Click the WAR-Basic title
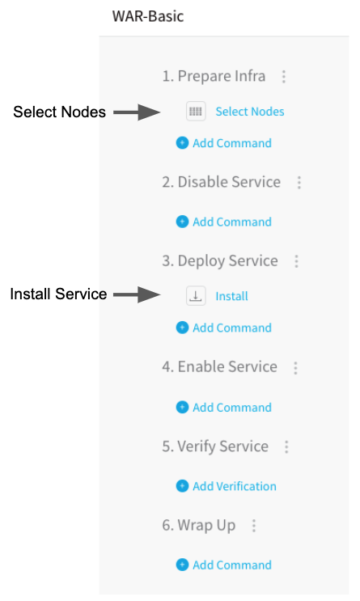[147, 16]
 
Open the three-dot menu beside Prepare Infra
[284, 77]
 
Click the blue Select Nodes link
[250, 112]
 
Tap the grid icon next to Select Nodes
[196, 112]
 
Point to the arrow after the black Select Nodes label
[137, 112]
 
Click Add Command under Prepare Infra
[232, 143]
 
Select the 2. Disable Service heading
[221, 182]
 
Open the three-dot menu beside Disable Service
[299, 183]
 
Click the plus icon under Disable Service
[182, 222]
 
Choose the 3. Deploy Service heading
[220, 261]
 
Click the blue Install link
[231, 296]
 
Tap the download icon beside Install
[196, 296]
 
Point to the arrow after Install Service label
[137, 294]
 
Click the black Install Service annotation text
[58, 294]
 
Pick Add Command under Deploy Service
[232, 328]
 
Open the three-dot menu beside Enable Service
[295, 368]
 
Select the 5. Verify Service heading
[215, 447]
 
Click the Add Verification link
[235, 486]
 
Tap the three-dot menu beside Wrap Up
[253, 526]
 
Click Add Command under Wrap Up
[232, 565]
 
